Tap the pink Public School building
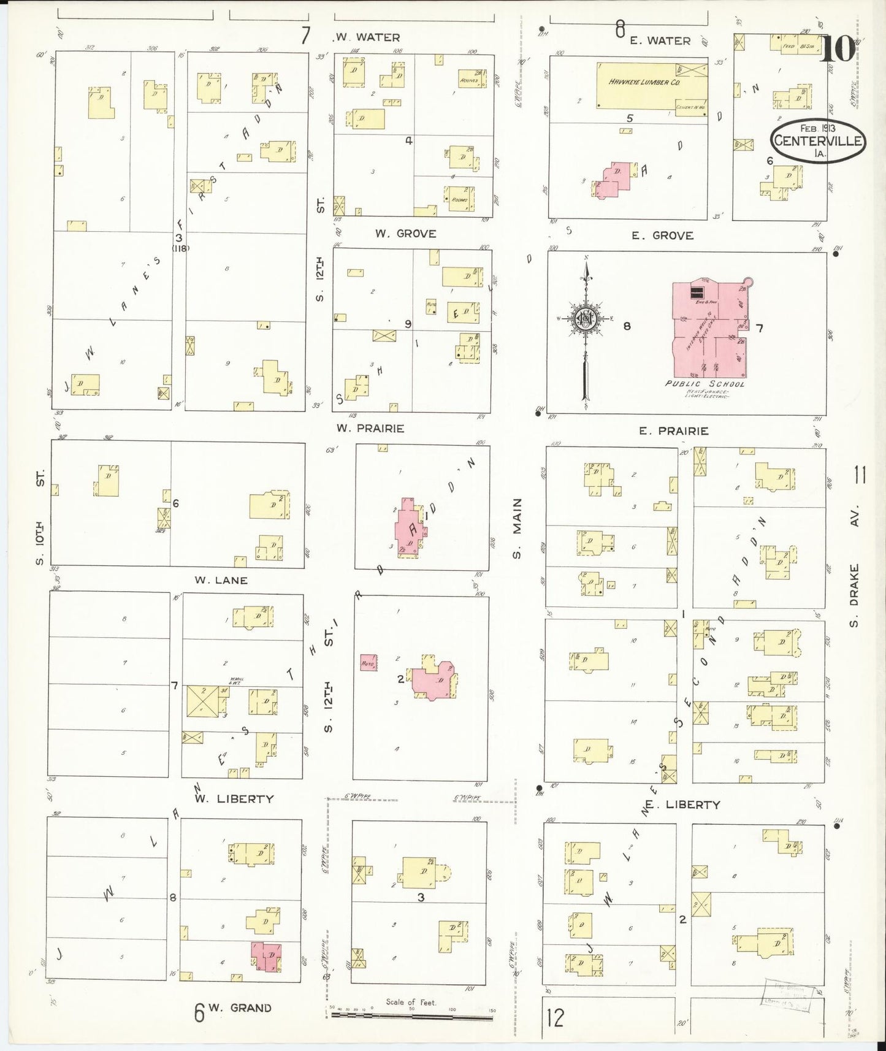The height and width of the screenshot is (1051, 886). click(x=710, y=331)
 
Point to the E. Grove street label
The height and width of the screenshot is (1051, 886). click(x=662, y=235)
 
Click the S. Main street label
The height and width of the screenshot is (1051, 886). click(x=517, y=528)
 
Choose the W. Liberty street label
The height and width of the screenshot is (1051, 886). click(x=234, y=798)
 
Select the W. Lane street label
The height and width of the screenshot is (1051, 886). click(x=221, y=580)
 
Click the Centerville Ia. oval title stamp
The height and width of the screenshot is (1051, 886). click(x=817, y=140)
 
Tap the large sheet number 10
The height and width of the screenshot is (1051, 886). click(x=836, y=49)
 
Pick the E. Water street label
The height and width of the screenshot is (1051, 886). click(x=660, y=40)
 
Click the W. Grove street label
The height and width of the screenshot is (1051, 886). click(x=405, y=234)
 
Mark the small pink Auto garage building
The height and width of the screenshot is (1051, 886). click(x=369, y=662)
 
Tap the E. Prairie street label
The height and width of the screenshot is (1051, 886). click(x=673, y=431)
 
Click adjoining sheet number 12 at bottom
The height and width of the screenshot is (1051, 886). click(x=555, y=1019)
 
